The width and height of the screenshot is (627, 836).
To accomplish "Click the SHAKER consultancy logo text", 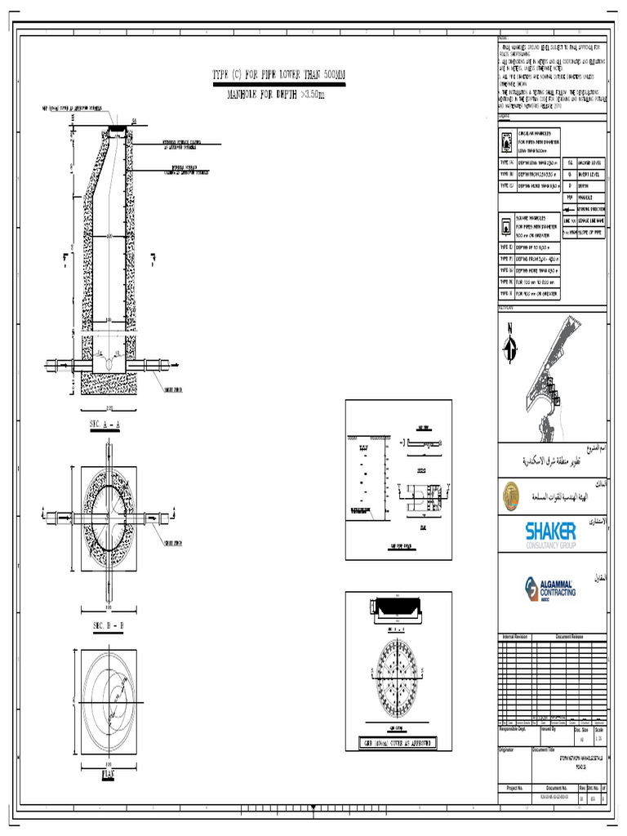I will [x=551, y=531].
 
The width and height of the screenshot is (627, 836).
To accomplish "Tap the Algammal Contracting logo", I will [x=551, y=587].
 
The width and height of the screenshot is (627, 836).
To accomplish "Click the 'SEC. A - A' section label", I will [x=104, y=426].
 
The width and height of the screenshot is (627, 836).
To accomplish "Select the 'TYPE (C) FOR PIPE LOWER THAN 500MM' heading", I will [x=278, y=75].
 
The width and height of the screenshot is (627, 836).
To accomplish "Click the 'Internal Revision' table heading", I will [x=515, y=636].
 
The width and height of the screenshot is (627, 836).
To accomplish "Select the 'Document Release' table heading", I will [x=571, y=636].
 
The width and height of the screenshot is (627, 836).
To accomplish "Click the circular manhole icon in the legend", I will [x=505, y=141].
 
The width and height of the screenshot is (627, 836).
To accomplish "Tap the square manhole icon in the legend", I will [x=505, y=225].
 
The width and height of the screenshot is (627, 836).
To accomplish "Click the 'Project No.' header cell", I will [x=514, y=788].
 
